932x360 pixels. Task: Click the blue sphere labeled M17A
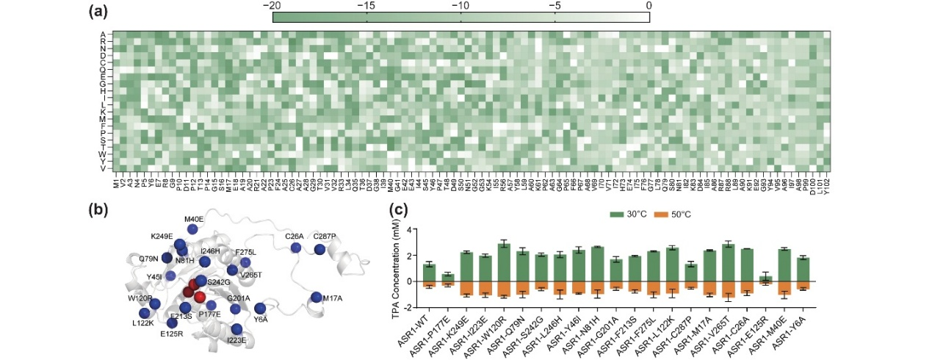[x=316, y=298]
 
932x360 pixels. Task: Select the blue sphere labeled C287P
[x=319, y=250]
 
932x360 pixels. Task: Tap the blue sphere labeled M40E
[x=192, y=229]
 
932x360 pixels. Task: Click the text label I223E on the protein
[x=237, y=341]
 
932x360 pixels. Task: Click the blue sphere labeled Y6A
[x=260, y=308]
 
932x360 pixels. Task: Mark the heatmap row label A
[x=103, y=34]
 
